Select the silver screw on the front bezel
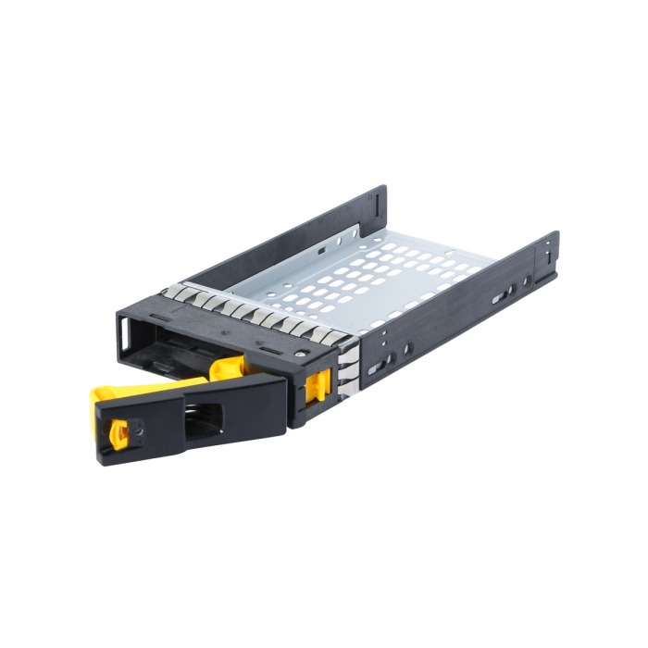tap(302, 354)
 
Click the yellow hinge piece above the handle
tap(228, 368)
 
